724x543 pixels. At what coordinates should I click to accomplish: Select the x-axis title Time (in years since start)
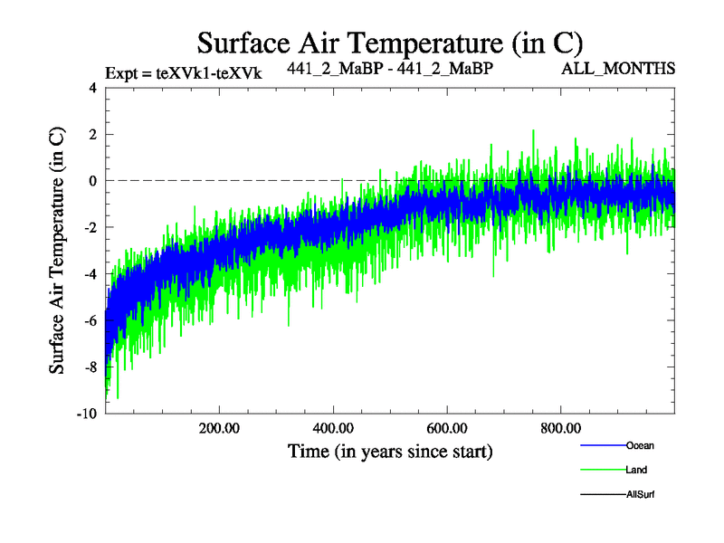tap(390, 450)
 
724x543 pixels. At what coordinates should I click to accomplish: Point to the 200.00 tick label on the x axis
tap(219, 428)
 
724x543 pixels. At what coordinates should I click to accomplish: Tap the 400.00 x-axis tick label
tap(333, 428)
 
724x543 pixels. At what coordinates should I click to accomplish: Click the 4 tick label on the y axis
tap(91, 89)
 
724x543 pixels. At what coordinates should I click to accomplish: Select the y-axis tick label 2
tap(91, 135)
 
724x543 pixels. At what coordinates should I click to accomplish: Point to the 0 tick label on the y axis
tap(91, 181)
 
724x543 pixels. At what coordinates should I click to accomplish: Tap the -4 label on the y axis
tap(89, 274)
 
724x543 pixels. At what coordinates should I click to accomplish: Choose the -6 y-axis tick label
tap(89, 320)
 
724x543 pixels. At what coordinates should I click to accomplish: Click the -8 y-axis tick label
tap(89, 367)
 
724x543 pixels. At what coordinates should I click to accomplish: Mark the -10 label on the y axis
tap(86, 414)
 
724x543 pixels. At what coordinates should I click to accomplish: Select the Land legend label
tap(635, 470)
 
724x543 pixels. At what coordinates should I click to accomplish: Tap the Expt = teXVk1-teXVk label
tap(184, 73)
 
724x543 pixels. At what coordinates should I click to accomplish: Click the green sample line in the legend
tap(602, 470)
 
